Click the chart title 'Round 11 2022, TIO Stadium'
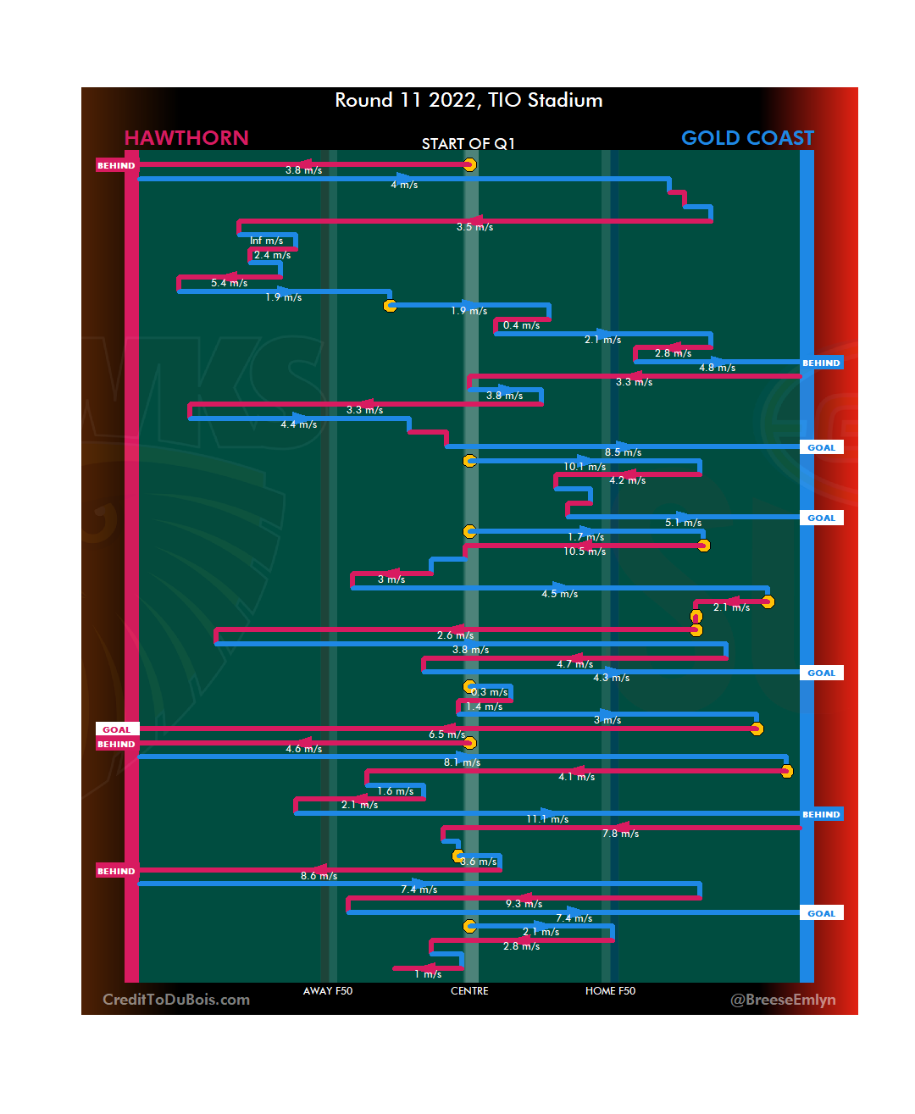(469, 100)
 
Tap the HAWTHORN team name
(186, 138)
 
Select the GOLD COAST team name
(747, 138)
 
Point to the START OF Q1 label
(469, 144)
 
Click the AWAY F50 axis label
(328, 991)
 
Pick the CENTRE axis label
(469, 991)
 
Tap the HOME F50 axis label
(610, 991)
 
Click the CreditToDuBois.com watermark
(176, 1000)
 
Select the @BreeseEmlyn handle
(783, 1000)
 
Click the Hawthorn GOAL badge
(117, 729)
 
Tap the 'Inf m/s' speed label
(266, 241)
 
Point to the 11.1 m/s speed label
(547, 819)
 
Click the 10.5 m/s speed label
(585, 551)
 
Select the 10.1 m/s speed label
(585, 467)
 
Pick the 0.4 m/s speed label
(521, 325)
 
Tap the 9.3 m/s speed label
(524, 904)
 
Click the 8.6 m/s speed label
(319, 876)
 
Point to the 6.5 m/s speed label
(446, 734)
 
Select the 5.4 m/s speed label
(229, 283)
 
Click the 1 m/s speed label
(428, 974)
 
